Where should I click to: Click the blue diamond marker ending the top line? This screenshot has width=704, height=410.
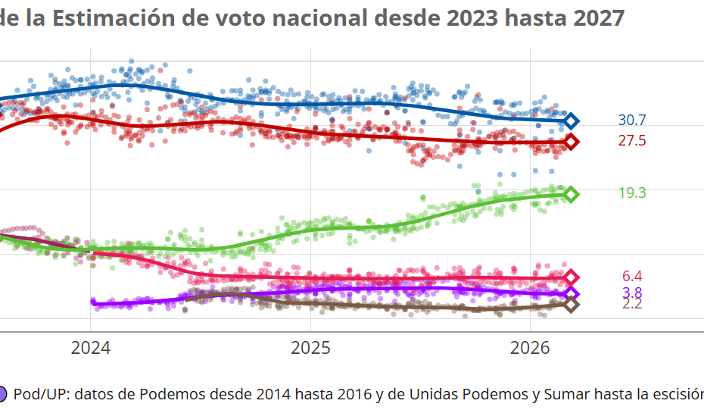(x=572, y=120)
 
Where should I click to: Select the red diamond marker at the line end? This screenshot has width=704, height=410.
(x=572, y=142)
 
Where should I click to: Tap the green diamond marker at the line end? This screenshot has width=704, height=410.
(x=572, y=194)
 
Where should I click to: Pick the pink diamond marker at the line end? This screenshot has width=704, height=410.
(x=572, y=277)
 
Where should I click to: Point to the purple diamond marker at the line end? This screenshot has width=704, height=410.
(x=572, y=294)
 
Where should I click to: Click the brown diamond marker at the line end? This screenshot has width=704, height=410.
(x=572, y=305)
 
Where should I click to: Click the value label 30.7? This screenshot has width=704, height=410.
(x=631, y=120)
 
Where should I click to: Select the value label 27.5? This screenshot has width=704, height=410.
(x=631, y=141)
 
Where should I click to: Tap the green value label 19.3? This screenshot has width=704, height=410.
(x=631, y=193)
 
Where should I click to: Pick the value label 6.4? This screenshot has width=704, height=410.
(x=631, y=277)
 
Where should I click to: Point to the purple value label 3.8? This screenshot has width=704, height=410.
(x=631, y=293)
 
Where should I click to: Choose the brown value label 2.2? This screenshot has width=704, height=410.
(x=631, y=304)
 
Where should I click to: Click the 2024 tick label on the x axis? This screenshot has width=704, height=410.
(x=90, y=349)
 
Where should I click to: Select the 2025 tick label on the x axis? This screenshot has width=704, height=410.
(x=310, y=349)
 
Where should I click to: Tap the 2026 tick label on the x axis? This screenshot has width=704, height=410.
(x=530, y=349)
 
